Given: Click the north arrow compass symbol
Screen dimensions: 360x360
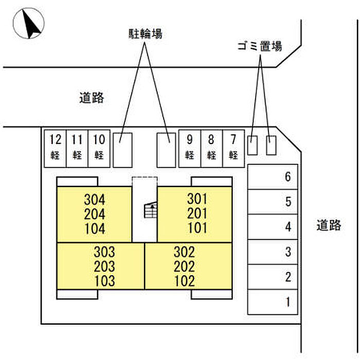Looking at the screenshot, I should tap(29, 24).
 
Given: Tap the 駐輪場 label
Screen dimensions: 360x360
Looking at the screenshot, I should tap(145, 34).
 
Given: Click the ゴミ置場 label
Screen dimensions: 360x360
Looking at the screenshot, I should tap(260, 46).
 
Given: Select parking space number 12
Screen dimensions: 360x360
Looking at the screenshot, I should tap(55, 147).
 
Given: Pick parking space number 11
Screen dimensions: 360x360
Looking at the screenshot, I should tap(77, 147).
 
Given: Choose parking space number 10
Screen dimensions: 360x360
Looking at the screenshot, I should tap(99, 147).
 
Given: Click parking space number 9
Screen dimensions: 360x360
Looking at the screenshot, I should tap(190, 147).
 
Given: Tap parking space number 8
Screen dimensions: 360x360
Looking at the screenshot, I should tap(211, 147).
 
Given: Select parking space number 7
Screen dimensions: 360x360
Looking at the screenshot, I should tap(233, 147).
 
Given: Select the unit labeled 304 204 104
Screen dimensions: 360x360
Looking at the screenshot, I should tap(94, 214).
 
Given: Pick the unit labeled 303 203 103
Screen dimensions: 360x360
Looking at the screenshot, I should tap(101, 266).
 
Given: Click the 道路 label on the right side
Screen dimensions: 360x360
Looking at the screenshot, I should tap(329, 225).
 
